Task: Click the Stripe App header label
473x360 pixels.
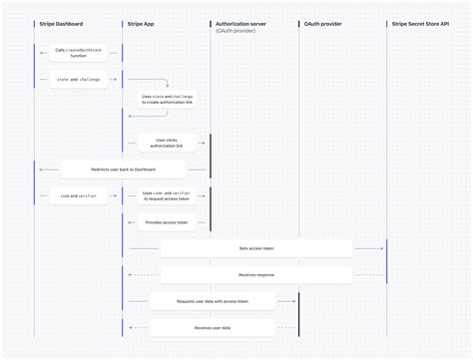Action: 140,22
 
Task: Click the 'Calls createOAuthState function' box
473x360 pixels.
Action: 80,53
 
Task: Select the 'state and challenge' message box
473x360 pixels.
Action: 79,79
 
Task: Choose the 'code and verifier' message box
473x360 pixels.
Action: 79,196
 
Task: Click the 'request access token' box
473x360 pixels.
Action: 168,196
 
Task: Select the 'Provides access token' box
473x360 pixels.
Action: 167,222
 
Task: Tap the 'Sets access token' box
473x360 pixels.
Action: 256,248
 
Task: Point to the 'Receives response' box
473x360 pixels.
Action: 256,274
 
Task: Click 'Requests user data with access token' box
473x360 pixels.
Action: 213,300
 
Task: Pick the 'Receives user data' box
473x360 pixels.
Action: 213,326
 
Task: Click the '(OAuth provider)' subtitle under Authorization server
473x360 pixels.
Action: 235,32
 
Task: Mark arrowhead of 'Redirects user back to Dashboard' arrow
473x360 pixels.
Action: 40,170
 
